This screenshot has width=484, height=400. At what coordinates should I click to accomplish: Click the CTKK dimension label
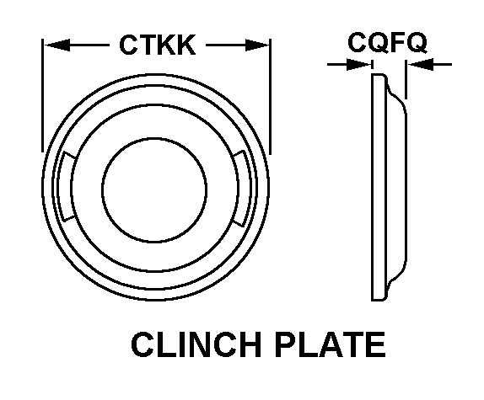pos(158,45)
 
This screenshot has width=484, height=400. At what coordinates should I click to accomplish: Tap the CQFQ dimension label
pos(387,42)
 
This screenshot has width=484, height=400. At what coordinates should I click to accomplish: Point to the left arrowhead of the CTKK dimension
pos(57,45)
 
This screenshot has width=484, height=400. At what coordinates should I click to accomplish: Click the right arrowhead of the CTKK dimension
pos(257,45)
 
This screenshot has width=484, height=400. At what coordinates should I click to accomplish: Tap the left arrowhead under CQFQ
pos(358,64)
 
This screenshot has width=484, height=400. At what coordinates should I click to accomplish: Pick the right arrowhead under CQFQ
pos(421,64)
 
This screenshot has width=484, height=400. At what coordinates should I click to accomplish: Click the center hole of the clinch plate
pos(154,189)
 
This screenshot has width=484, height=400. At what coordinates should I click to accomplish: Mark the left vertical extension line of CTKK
pos(43,95)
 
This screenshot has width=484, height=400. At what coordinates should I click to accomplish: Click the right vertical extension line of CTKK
pos(271,96)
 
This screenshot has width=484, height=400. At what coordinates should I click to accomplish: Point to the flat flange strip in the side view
pos(379,187)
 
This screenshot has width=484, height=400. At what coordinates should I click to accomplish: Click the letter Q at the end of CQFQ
pos(417,43)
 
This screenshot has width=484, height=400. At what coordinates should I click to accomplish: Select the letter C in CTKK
pos(129,45)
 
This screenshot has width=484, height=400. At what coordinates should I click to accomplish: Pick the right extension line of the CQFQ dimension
pos(406,79)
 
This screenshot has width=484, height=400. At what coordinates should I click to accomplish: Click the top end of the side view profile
pos(379,74)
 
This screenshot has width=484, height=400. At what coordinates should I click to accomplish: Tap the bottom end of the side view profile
pos(379,300)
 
